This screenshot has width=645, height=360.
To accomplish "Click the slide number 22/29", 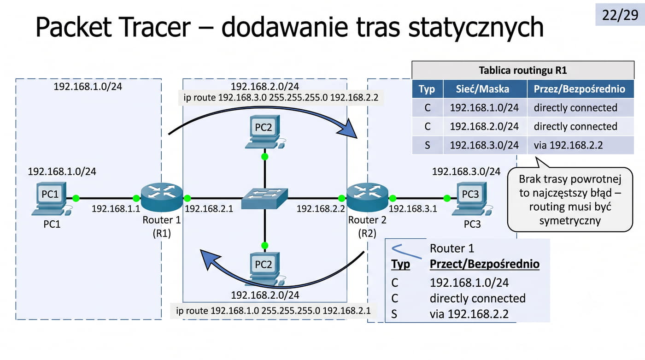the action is point(620,15).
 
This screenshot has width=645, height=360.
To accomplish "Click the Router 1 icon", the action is point(162,197).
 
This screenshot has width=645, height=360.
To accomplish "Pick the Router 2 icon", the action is point(368,197).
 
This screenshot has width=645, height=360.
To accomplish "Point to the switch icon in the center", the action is point(264,198).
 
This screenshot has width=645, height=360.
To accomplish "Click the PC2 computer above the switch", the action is point(265,132).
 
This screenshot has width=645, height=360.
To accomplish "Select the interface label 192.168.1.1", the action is point(116,208).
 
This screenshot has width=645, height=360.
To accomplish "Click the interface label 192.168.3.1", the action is point(413,208).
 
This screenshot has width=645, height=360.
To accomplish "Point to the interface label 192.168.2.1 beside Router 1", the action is point(209,208).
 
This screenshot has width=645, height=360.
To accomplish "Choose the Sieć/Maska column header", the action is point(482,89).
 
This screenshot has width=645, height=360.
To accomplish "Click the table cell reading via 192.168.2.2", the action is point(568,145).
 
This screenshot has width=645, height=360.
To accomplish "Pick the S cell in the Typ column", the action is point(428,145).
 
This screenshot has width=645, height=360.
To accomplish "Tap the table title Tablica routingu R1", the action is point(522,70).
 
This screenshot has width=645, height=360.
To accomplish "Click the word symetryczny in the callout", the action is point(570,221).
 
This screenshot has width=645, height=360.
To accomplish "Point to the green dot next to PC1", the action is point(76,198).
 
